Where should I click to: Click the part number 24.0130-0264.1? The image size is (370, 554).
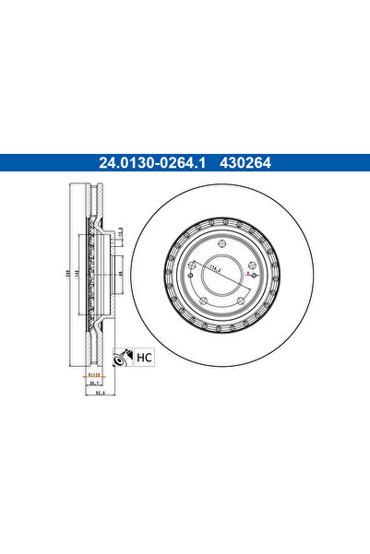pos(152,166)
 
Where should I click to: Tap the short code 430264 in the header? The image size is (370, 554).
pos(244,166)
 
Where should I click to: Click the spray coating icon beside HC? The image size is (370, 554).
pos(120,360)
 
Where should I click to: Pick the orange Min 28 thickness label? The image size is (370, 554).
pos(93,376)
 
